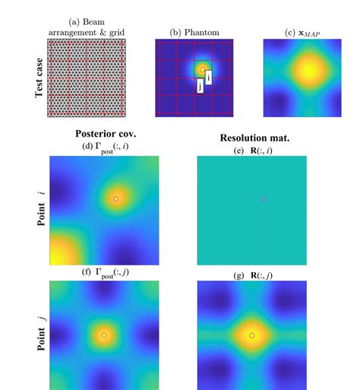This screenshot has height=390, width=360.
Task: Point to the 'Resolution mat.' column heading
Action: pos(251,138)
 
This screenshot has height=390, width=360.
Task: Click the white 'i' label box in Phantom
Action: pos(209,78)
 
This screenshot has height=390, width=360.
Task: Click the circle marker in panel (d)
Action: pos(115,198)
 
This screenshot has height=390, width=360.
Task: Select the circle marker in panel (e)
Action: pos(263,198)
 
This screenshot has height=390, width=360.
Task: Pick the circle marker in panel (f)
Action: pos(104,335)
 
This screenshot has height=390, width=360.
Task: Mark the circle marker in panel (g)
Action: pos(251,335)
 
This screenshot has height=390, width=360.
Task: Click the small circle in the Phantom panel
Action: pos(202,69)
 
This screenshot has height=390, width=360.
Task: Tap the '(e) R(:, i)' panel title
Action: pos(251,150)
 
